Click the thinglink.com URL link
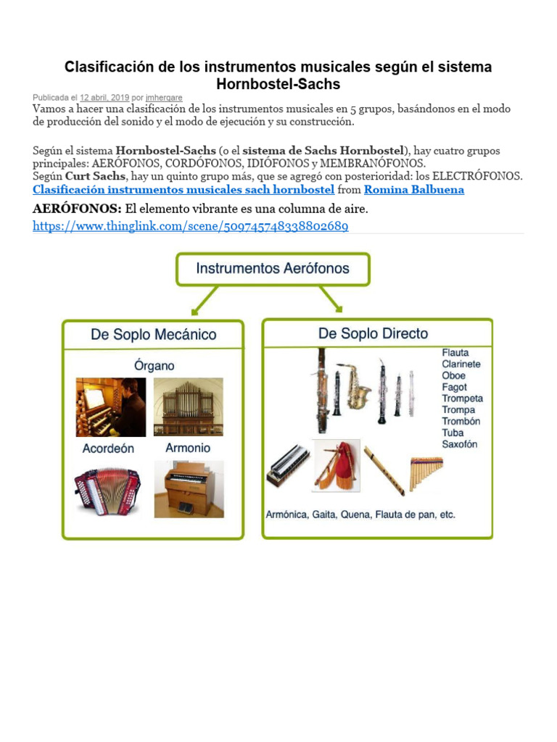click(191, 226)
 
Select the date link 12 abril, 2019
click(104, 97)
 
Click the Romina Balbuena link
click(413, 190)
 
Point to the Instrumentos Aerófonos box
click(272, 269)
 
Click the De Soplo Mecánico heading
click(153, 335)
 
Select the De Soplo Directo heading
click(373, 333)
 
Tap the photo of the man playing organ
click(110, 407)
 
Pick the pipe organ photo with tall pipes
click(189, 407)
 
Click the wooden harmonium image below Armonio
click(189, 489)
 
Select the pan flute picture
click(426, 472)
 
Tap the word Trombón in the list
click(461, 421)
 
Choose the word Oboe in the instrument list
click(454, 375)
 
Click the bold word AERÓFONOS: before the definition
click(77, 209)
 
